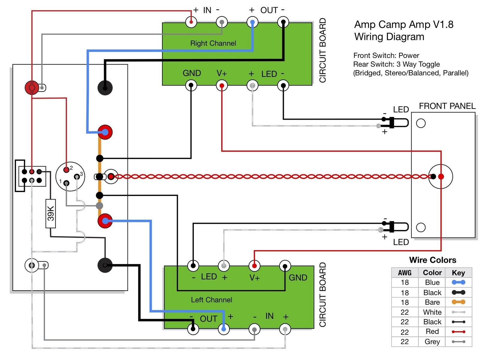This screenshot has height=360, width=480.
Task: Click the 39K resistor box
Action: pyautogui.click(x=51, y=214)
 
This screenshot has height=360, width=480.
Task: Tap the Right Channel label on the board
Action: pyautogui.click(x=213, y=43)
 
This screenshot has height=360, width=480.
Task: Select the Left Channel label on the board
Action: pyautogui.click(x=211, y=300)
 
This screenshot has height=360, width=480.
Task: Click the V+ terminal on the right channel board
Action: pyautogui.click(x=222, y=86)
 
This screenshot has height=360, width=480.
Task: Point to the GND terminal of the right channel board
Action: pyautogui.click(x=191, y=86)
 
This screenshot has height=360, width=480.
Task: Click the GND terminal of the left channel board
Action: pyautogui.click(x=285, y=266)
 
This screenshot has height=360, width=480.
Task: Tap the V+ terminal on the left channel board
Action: pyautogui.click(x=254, y=266)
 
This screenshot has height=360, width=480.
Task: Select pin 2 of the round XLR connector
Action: pyautogui.click(x=67, y=170)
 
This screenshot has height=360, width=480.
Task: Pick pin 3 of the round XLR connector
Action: pyautogui.click(x=77, y=176)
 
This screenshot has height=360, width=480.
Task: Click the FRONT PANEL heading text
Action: pyautogui.click(x=447, y=106)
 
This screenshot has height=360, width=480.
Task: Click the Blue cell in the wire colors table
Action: pyautogui.click(x=432, y=282)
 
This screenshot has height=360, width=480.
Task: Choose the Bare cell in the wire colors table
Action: pyautogui.click(x=432, y=302)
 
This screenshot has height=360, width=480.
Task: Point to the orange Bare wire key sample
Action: pyautogui.click(x=458, y=302)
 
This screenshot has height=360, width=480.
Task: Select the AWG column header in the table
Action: pyautogui.click(x=405, y=273)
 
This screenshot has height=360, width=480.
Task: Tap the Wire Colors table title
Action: pyautogui.click(x=432, y=260)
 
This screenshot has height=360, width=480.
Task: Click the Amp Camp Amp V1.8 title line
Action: pyautogui.click(x=404, y=25)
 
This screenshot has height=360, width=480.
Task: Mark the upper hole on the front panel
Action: pyautogui.click(x=421, y=123)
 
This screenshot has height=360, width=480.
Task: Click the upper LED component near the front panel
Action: pyautogui.click(x=396, y=122)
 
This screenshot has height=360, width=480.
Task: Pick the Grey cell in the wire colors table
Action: pyautogui.click(x=432, y=342)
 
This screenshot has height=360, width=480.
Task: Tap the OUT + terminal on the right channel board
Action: pyautogui.click(x=252, y=22)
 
